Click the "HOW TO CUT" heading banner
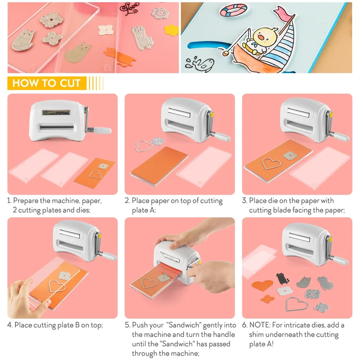[x=46, y=83]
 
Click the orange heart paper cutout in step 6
[x=262, y=286]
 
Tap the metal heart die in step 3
[x=271, y=163]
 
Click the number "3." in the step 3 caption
[x=244, y=201]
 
